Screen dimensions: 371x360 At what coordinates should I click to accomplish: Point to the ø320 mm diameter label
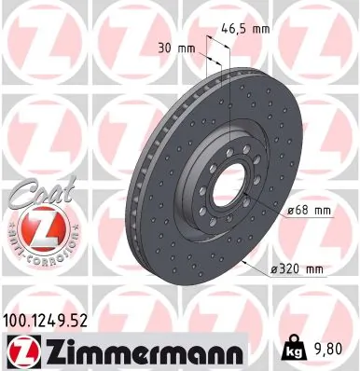296,269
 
